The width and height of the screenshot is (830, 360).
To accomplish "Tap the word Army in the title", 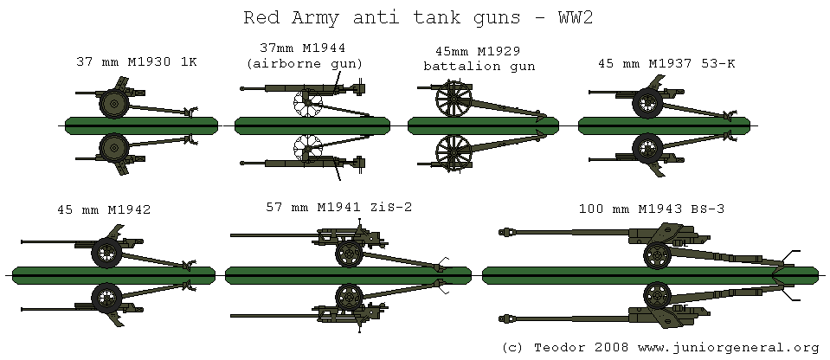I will tap(304, 16).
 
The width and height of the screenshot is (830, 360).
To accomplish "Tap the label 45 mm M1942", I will tap(103, 209).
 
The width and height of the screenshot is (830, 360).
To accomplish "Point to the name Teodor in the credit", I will tap(555, 347).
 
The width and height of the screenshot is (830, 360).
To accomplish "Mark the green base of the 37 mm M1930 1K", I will tap(139, 125).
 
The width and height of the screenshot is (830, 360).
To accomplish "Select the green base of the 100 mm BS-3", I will tap(649, 274).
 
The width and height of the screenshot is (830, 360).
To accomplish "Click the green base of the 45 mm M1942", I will tap(113, 274).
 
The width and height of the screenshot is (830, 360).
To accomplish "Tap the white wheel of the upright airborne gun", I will tap(307, 105).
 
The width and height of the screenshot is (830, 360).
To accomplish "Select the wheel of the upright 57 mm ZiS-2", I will tap(349, 254).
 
